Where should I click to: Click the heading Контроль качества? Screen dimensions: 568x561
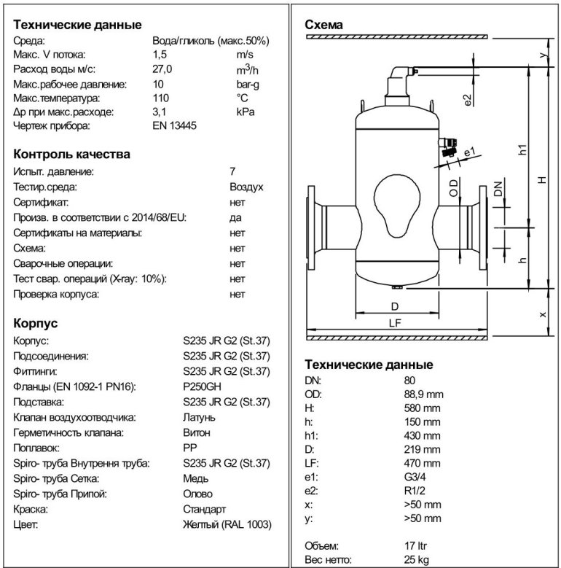point(72,154)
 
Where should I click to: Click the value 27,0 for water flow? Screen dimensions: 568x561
point(162,69)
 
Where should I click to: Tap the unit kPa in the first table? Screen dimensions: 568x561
point(245,112)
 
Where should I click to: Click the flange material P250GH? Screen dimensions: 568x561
point(202,386)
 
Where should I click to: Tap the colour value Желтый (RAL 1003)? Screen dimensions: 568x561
point(226,524)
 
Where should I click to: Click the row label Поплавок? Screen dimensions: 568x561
point(36,448)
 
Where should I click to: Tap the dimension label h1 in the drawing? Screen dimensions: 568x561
point(522,151)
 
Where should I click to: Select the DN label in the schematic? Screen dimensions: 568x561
point(498,188)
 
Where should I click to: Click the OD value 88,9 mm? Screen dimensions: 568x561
point(423,394)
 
